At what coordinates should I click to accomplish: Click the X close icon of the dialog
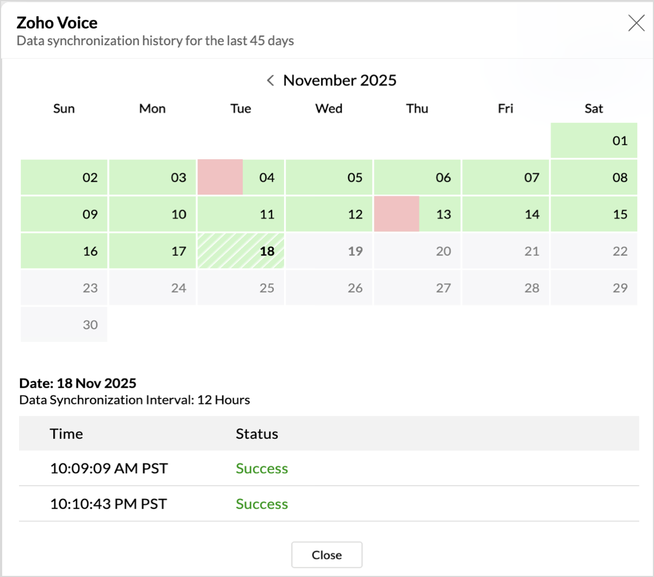click(636, 23)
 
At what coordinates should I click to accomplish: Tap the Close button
click(326, 555)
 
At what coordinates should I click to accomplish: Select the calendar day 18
click(241, 251)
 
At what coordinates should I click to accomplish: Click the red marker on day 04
click(220, 177)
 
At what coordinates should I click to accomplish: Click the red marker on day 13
click(397, 214)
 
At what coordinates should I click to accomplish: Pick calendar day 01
click(594, 141)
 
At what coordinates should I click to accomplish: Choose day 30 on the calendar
click(64, 324)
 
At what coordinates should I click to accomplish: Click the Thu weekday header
click(417, 109)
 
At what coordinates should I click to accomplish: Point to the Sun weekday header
click(64, 109)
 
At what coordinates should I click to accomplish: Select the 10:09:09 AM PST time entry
click(109, 468)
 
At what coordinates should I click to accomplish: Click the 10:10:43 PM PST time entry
click(109, 504)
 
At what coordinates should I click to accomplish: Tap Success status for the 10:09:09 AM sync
click(262, 468)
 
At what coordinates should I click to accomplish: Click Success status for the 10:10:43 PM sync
click(262, 504)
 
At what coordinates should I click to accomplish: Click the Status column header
click(257, 434)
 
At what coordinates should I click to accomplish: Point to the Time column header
click(66, 434)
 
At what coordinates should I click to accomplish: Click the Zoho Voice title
click(57, 23)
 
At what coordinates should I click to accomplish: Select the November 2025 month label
click(340, 80)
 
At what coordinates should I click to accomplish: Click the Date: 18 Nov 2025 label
click(78, 383)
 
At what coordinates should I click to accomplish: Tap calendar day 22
click(594, 251)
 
